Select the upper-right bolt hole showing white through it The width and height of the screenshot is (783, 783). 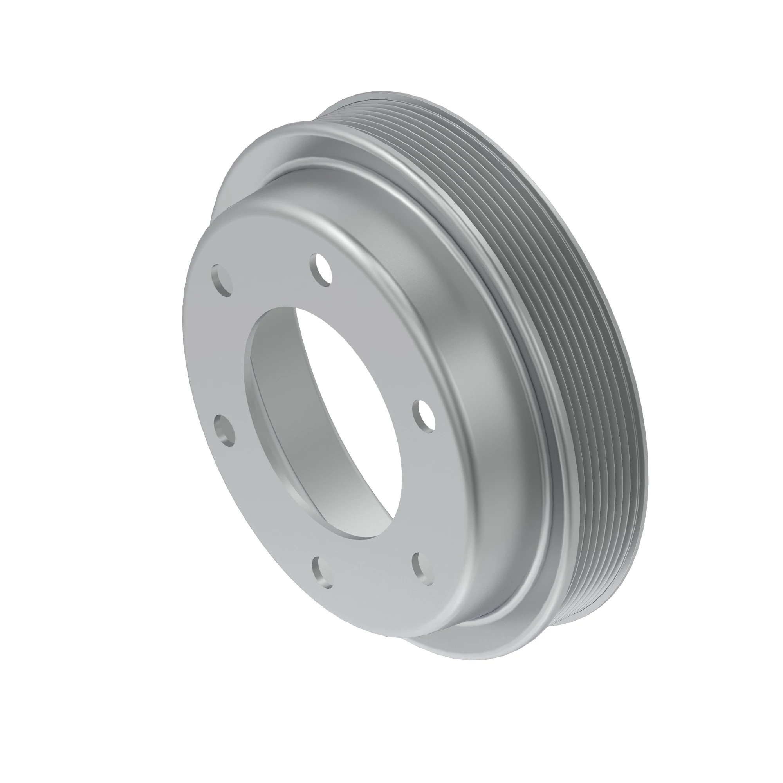coord(322,269)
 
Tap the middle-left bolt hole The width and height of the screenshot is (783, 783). coord(224,430)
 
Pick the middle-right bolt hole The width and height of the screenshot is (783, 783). coord(423,416)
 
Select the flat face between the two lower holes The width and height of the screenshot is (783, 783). coord(373,584)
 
